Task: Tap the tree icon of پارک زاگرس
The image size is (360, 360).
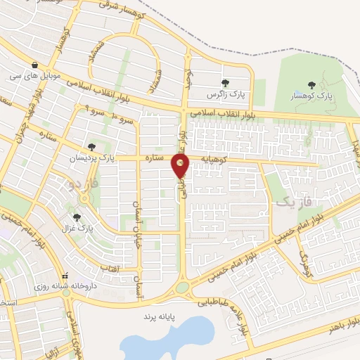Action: coord(225,83)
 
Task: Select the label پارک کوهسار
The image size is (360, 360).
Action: coord(312,95)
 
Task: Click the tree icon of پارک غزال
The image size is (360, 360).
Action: coord(77,217)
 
